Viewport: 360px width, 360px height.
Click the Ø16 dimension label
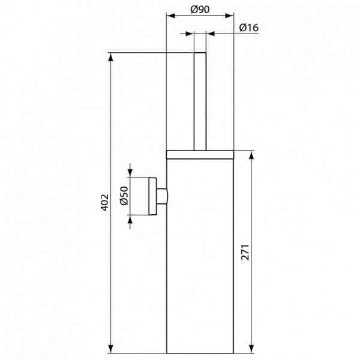tap(248, 28)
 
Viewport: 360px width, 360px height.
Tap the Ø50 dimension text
tap(124, 196)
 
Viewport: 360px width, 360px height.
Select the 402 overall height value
tap(103, 202)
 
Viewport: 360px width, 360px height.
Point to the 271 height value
tap(244, 252)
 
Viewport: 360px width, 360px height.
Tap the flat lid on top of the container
tap(200, 153)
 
